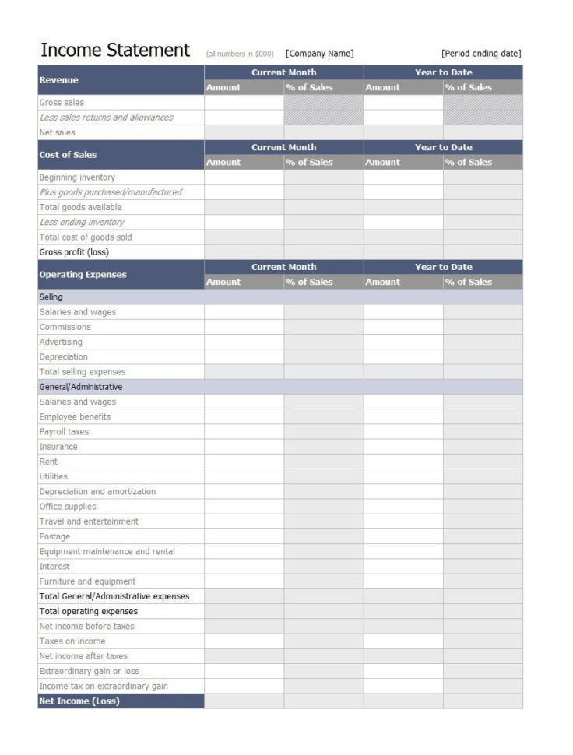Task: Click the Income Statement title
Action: pos(114,51)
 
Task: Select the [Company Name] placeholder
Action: pos(319,54)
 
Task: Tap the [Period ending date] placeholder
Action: pos(480,54)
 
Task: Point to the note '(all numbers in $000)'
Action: pos(240,54)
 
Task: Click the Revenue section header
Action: pos(59,80)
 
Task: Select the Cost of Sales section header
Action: pos(69,155)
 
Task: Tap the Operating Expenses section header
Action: pos(83,275)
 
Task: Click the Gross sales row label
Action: pos(62,103)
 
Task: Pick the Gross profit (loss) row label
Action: pos(75,252)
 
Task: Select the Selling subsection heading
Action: pos(51,297)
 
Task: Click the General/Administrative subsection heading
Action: pos(81,387)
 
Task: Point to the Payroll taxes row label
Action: pos(64,432)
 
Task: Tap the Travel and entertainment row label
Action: pos(89,521)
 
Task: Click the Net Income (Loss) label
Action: pos(79,701)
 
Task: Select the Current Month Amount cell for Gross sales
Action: pos(244,103)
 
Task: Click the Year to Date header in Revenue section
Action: pos(443,72)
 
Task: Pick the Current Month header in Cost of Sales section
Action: pos(283,147)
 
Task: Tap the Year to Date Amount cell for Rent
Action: pos(403,462)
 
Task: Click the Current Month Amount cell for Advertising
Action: pos(244,342)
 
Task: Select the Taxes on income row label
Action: pos(72,641)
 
